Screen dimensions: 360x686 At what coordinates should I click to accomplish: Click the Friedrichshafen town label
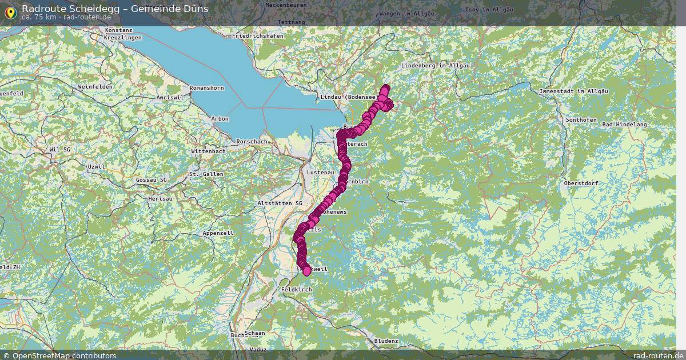pyautogui.click(x=257, y=36)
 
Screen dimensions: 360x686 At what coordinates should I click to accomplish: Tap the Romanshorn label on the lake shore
pyautogui.click(x=206, y=88)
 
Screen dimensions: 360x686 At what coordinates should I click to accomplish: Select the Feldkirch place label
pyautogui.click(x=297, y=290)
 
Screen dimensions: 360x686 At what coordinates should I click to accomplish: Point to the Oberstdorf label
pyautogui.click(x=580, y=183)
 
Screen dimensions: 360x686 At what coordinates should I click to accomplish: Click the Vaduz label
pyautogui.click(x=258, y=349)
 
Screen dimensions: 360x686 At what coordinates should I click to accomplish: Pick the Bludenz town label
pyautogui.click(x=386, y=341)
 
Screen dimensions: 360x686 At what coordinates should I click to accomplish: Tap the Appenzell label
pyautogui.click(x=218, y=233)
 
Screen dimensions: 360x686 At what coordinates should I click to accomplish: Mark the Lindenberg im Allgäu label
pyautogui.click(x=436, y=66)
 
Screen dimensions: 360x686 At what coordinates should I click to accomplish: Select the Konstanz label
pyautogui.click(x=119, y=30)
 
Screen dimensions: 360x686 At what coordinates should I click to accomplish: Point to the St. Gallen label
pyautogui.click(x=206, y=174)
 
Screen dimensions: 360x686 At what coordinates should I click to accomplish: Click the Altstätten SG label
pyautogui.click(x=280, y=203)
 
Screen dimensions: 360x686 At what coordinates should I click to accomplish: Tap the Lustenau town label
pyautogui.click(x=320, y=172)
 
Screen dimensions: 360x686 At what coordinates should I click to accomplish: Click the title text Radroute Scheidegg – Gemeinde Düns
pyautogui.click(x=115, y=8)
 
